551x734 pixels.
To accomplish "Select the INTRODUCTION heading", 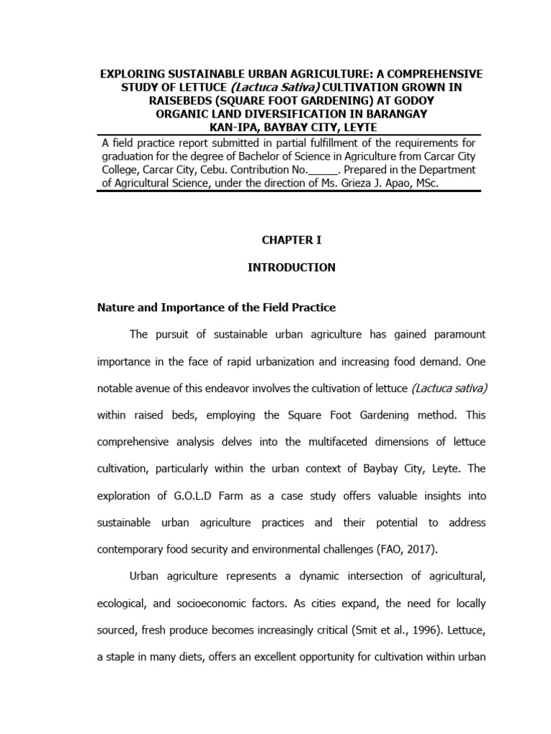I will click(291, 267).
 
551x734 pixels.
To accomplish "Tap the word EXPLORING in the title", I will click(132, 75).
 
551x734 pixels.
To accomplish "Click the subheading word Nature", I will click(116, 308).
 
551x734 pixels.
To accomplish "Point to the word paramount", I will click(456, 334).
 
